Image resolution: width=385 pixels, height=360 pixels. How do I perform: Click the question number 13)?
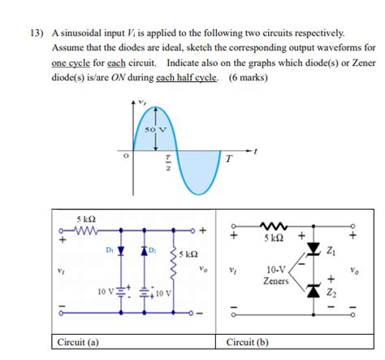coord(37,33)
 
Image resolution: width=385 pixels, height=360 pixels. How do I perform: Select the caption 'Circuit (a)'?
coord(75,342)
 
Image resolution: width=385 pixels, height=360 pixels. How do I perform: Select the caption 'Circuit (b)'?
coord(249,342)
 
